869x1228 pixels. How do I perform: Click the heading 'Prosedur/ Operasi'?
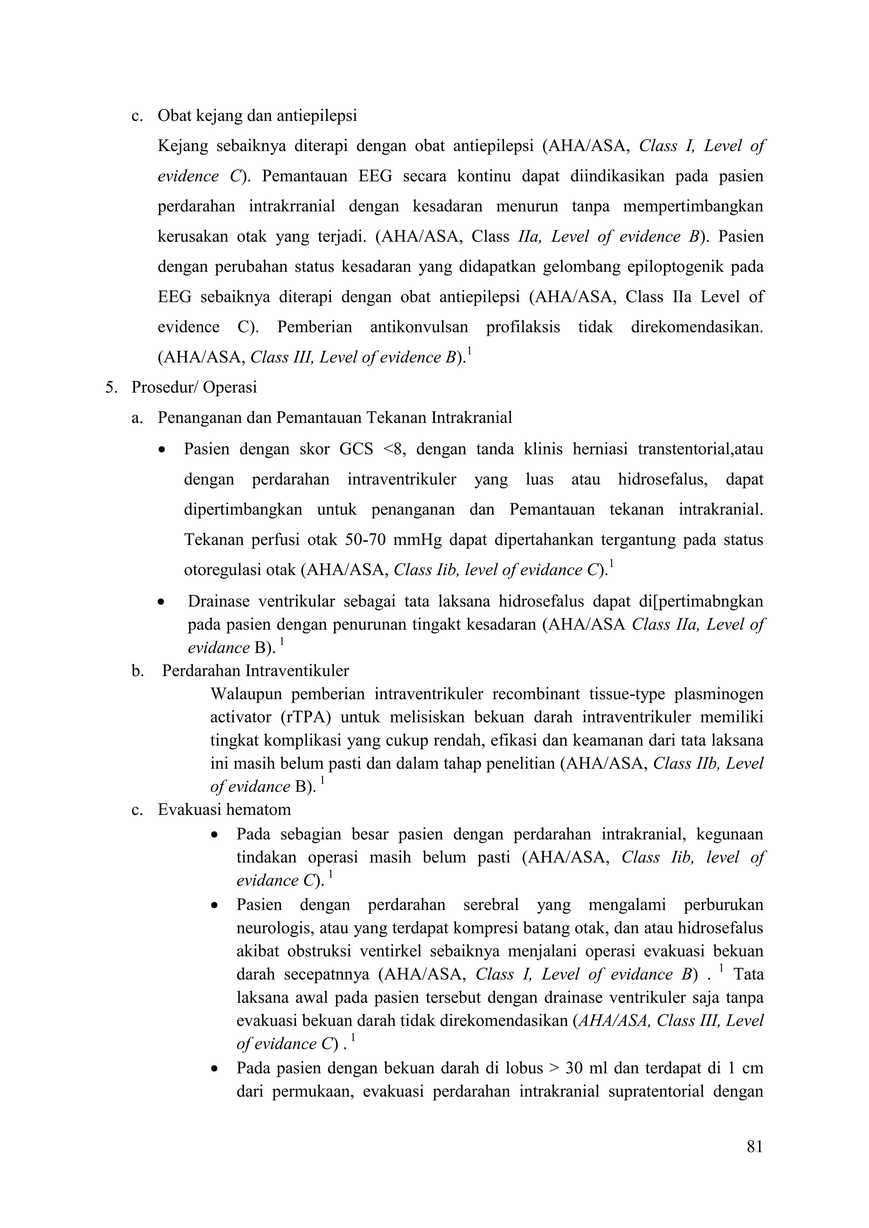tap(194, 387)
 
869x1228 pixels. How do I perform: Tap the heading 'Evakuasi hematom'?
tap(224, 810)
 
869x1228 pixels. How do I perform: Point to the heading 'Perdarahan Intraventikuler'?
tap(255, 671)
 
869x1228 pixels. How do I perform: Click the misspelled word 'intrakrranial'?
tap(292, 207)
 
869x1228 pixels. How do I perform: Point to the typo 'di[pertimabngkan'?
tap(701, 601)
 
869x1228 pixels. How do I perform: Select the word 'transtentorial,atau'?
tap(701, 449)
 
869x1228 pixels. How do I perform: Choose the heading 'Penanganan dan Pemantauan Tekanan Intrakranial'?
tap(334, 418)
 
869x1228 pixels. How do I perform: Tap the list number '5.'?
tap(111, 387)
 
